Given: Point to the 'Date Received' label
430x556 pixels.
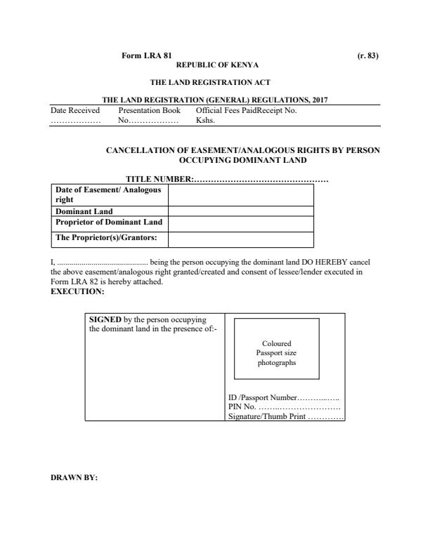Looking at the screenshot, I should (x=75, y=110).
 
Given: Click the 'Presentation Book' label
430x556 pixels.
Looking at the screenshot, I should (x=150, y=110).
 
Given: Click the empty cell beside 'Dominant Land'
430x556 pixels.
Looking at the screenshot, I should (x=240, y=211).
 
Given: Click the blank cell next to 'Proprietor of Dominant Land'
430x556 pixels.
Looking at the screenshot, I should (x=240, y=223).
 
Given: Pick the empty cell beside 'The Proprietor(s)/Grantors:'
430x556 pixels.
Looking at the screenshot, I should (x=240, y=237).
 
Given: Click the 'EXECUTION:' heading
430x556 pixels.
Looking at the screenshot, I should (x=77, y=291).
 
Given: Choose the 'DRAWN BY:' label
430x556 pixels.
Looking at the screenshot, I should (x=74, y=479).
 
